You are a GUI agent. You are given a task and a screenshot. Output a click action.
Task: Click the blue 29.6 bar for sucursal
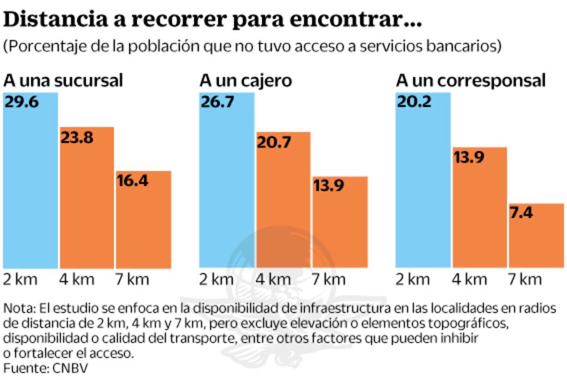(30, 184)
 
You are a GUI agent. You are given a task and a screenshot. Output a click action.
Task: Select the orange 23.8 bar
(86, 202)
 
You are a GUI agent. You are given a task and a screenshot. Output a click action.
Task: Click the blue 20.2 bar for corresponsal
(423, 184)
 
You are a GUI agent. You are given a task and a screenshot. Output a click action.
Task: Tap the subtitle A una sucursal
(64, 80)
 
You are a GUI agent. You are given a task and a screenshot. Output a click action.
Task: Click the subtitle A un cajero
(246, 80)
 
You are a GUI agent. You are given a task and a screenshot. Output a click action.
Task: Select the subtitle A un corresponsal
(470, 80)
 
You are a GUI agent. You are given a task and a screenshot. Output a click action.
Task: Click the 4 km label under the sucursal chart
(77, 279)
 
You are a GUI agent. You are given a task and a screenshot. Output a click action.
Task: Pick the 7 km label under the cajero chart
(329, 279)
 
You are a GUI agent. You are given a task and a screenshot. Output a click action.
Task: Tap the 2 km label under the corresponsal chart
(413, 279)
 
